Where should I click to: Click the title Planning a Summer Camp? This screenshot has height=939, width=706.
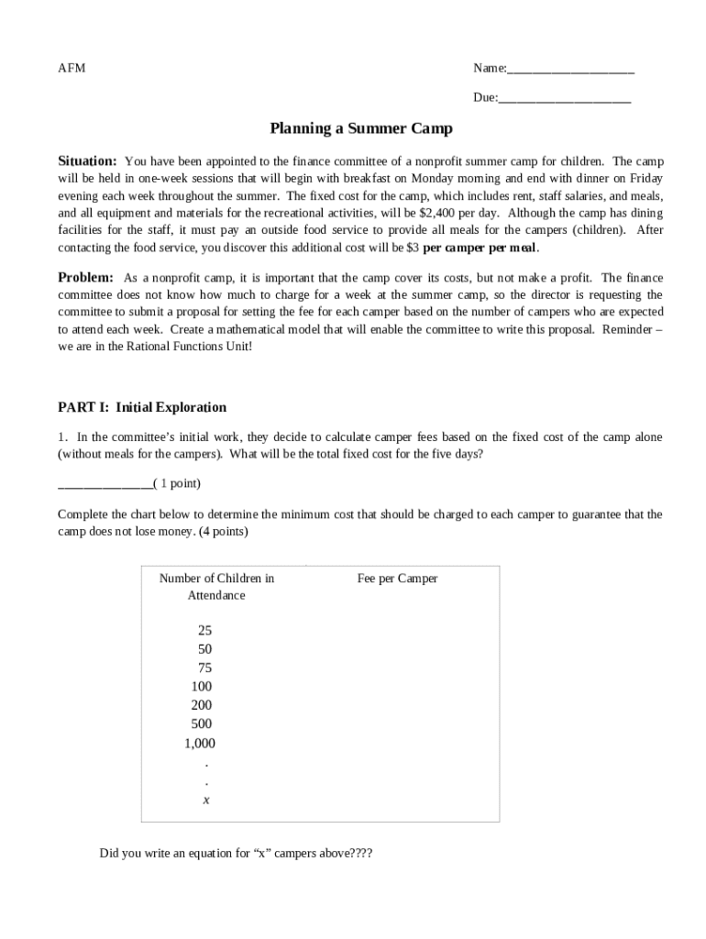[x=360, y=129]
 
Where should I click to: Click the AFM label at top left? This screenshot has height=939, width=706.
[x=72, y=69]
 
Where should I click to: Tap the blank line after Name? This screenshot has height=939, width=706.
[x=570, y=71]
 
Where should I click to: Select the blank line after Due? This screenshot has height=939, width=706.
[x=565, y=99]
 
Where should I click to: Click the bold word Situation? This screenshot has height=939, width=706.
[x=87, y=160]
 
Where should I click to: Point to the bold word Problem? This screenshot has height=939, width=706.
[x=85, y=278]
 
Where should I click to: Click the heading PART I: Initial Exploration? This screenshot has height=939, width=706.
[x=142, y=407]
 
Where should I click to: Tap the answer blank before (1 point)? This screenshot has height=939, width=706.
[x=105, y=484]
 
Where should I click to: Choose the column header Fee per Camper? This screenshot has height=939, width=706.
[x=397, y=579]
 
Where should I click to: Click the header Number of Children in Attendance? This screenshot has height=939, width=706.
[x=216, y=587]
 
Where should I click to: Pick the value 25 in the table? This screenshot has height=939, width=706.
[x=204, y=631]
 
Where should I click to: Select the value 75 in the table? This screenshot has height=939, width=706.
[x=204, y=668]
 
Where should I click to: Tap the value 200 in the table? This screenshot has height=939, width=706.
[x=202, y=705]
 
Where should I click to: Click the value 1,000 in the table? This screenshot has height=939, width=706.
[x=200, y=744]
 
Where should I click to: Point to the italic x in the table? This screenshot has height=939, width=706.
[x=206, y=800]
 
